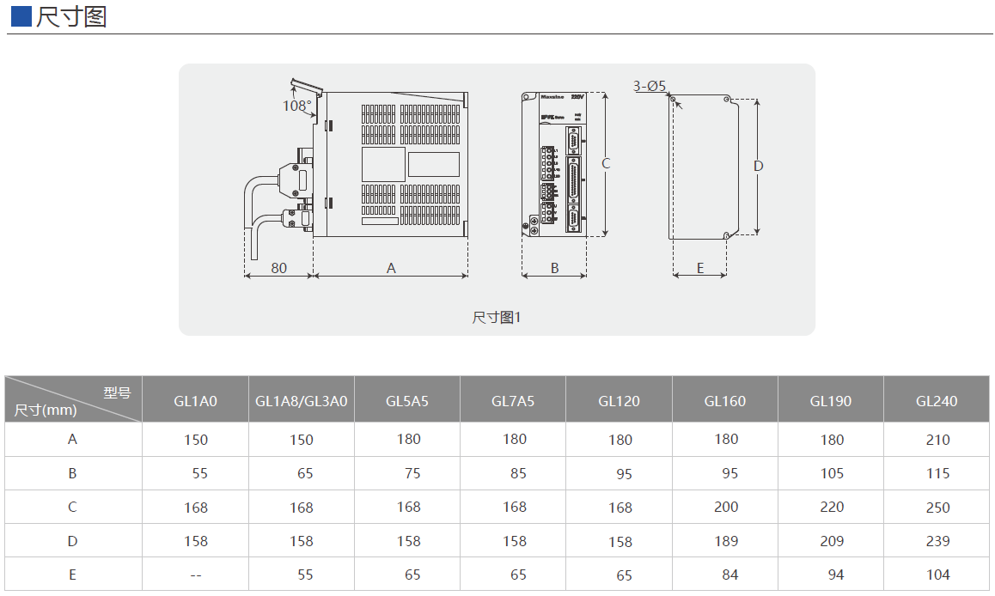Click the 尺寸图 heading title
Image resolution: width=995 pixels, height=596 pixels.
[71, 16]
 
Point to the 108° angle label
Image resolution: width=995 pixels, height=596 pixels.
[297, 106]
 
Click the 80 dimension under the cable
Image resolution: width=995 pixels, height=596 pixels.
[279, 268]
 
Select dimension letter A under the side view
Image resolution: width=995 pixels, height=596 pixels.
[391, 268]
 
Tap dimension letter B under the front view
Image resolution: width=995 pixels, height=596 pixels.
[555, 268]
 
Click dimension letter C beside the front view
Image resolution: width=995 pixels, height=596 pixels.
[606, 163]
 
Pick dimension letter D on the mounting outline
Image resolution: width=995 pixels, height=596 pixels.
[758, 166]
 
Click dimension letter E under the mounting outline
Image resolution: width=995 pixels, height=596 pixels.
[700, 268]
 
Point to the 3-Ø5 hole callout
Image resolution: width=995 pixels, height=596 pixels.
[650, 86]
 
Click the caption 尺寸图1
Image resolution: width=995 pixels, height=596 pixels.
[497, 318]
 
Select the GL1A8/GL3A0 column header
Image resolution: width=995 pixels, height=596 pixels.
[302, 401]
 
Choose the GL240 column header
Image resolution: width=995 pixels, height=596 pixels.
[937, 401]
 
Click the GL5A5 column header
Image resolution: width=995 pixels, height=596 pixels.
[407, 401]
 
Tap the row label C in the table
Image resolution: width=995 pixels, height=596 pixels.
[73, 507]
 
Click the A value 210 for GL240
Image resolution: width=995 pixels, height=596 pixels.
[938, 440]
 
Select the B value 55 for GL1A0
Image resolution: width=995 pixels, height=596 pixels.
[199, 473]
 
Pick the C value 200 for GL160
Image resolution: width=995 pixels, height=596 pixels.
[726, 507]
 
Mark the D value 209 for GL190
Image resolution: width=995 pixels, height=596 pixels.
[832, 541]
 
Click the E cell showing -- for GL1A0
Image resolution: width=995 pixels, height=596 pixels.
[196, 575]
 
